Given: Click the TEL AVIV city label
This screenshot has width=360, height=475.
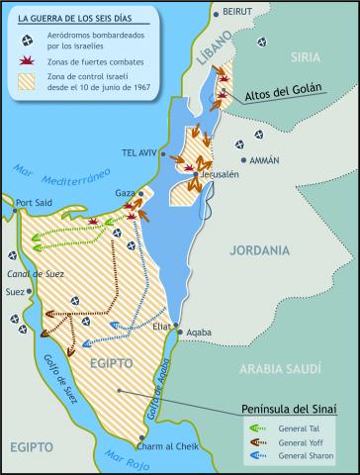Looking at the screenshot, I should (x=139, y=153).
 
